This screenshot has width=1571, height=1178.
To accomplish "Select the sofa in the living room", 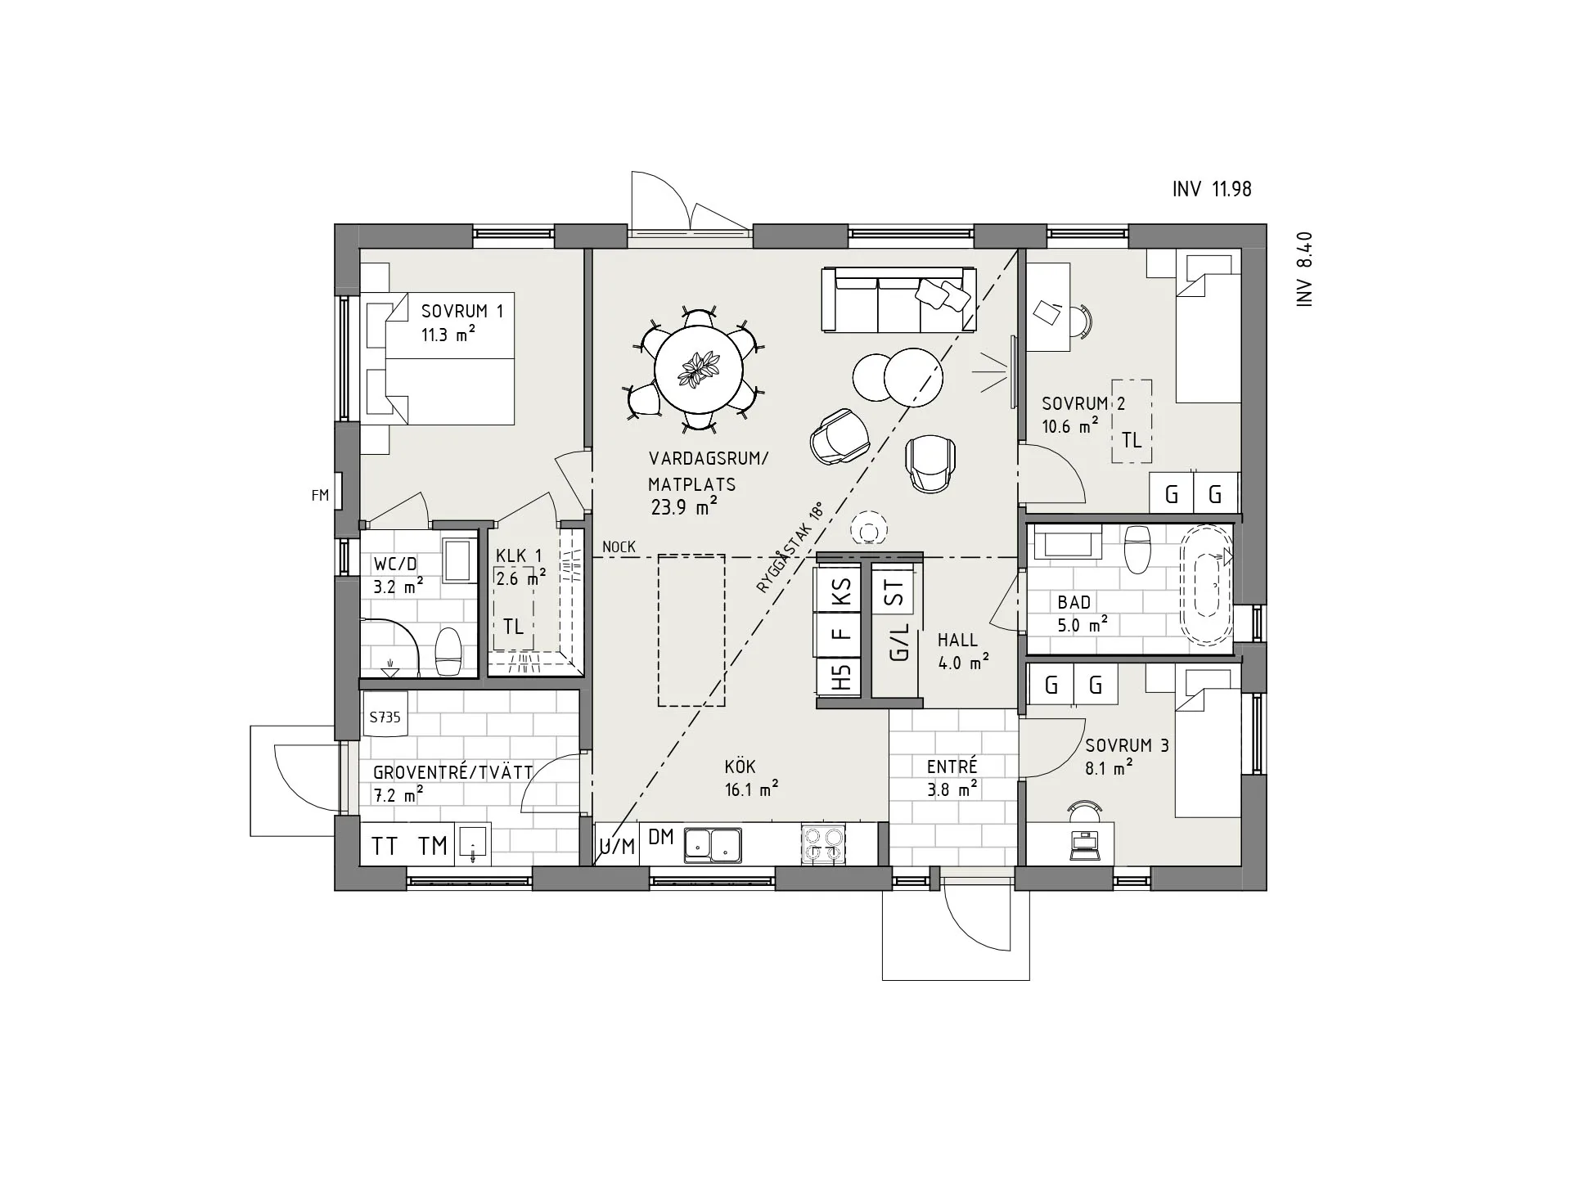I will coord(898,299).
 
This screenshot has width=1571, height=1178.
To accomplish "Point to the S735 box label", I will coord(385,717).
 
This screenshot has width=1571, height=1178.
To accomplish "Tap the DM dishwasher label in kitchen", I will coord(660,837).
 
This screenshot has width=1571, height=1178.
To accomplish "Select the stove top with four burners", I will coord(824,844).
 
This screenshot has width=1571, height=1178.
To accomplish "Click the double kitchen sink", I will coord(712,844).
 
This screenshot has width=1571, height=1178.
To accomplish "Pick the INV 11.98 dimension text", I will coord(1212,190).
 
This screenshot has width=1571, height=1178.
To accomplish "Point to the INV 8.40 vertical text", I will coord(1304,269).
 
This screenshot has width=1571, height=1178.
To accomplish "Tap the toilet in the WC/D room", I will coord(448,651).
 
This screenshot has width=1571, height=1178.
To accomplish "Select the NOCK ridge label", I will coord(619,546).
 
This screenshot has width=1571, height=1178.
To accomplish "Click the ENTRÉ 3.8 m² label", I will coord(952,777).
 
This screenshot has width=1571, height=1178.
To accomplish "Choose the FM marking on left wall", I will coord(320,495).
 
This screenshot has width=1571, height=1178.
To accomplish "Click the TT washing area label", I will coord(385,846).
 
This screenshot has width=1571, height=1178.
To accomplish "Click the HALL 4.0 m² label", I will coord(962,651).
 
